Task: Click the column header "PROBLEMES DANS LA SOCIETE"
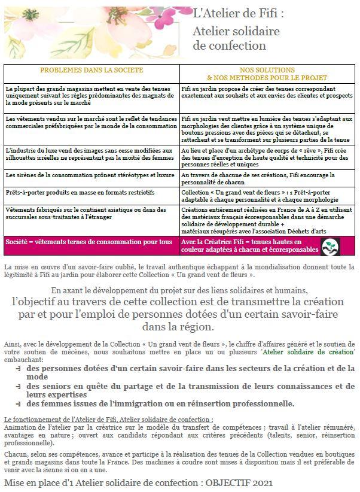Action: [x=91, y=71]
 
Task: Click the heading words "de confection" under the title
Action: [x=229, y=45]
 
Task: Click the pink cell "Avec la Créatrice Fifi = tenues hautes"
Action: [x=251, y=245]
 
